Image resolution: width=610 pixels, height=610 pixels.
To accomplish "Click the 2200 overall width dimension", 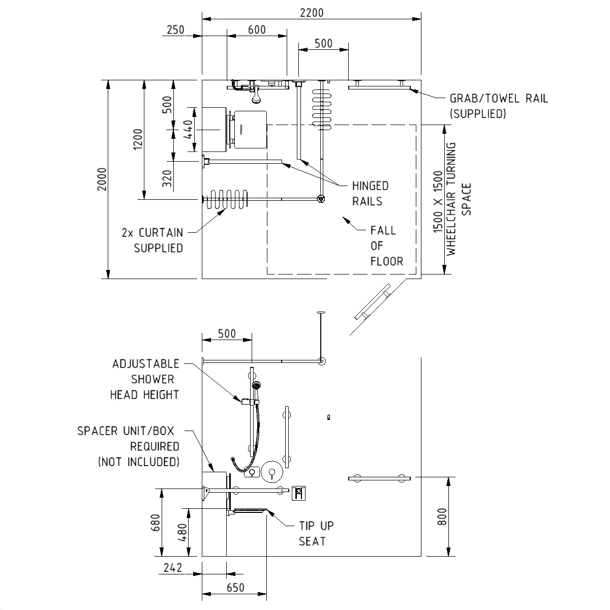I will click(311, 13).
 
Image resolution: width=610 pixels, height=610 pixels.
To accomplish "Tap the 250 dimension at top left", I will click(175, 30).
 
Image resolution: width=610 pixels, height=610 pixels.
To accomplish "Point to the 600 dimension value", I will click(257, 30).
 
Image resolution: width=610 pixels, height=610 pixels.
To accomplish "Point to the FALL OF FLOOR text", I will click(386, 246).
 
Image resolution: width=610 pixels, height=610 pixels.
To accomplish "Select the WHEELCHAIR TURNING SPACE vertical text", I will click(452, 198).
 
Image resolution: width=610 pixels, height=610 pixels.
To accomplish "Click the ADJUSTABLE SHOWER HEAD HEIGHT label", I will click(145, 379).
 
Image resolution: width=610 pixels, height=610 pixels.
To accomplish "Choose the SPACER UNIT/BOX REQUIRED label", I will click(128, 446).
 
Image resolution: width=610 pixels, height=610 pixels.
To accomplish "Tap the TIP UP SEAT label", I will click(316, 533).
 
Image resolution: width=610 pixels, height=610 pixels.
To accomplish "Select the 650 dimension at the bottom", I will click(235, 588).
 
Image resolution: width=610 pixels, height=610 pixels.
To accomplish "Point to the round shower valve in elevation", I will click(272, 473).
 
